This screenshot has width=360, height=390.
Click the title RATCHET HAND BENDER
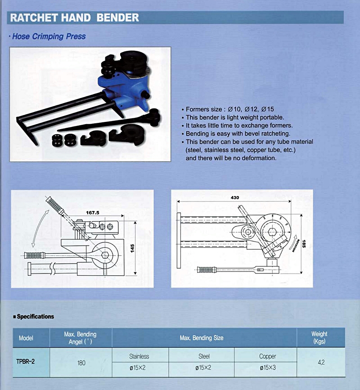(x=75, y=18)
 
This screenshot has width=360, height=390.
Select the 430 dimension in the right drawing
(x=234, y=197)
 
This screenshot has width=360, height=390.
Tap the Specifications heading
(x=35, y=317)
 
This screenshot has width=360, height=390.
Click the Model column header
(x=26, y=338)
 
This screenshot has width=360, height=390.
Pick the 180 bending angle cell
(x=80, y=363)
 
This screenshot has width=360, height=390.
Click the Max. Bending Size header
(x=205, y=338)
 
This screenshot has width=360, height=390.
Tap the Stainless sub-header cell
(x=139, y=356)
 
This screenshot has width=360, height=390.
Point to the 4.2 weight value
(x=321, y=362)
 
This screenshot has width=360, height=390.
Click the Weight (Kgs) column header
(x=319, y=337)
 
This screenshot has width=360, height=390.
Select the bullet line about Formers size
(x=229, y=109)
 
